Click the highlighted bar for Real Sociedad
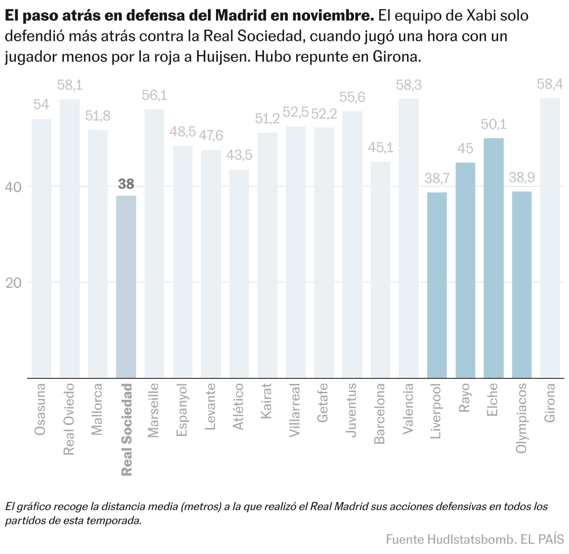pyautogui.click(x=126, y=287)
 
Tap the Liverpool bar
pyautogui.click(x=437, y=285)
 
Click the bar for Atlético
pyautogui.click(x=239, y=274)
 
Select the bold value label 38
pyautogui.click(x=126, y=184)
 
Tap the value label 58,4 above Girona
pyautogui.click(x=550, y=85)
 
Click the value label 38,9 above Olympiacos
pyautogui.click(x=522, y=178)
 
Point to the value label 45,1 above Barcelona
pyautogui.click(x=381, y=148)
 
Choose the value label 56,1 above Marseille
pyautogui.click(x=154, y=96)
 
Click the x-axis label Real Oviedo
pyautogui.click(x=69, y=419)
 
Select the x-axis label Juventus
pyautogui.click(x=352, y=409)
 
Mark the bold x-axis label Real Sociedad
pyautogui.click(x=126, y=429)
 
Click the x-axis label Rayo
pyautogui.click(x=465, y=398)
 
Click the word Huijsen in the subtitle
pyautogui.click(x=222, y=57)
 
